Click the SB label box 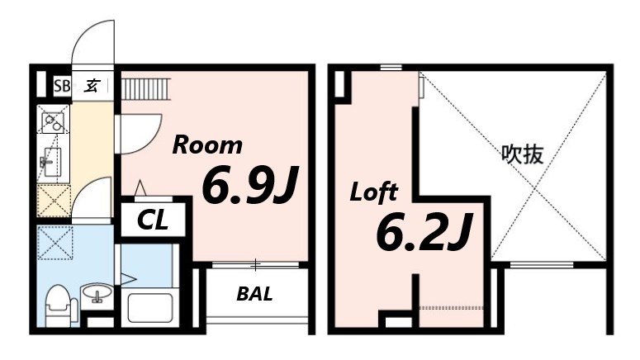(x=62, y=86)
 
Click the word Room (x=207, y=145)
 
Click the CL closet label (x=153, y=220)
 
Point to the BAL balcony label (x=254, y=293)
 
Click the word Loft (x=373, y=192)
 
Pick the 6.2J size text (x=424, y=231)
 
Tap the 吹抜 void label (x=523, y=154)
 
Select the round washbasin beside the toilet (x=97, y=293)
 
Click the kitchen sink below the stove (x=52, y=162)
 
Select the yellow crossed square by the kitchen (x=54, y=201)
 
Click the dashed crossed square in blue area (x=55, y=244)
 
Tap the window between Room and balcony (x=256, y=265)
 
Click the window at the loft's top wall (x=391, y=68)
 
